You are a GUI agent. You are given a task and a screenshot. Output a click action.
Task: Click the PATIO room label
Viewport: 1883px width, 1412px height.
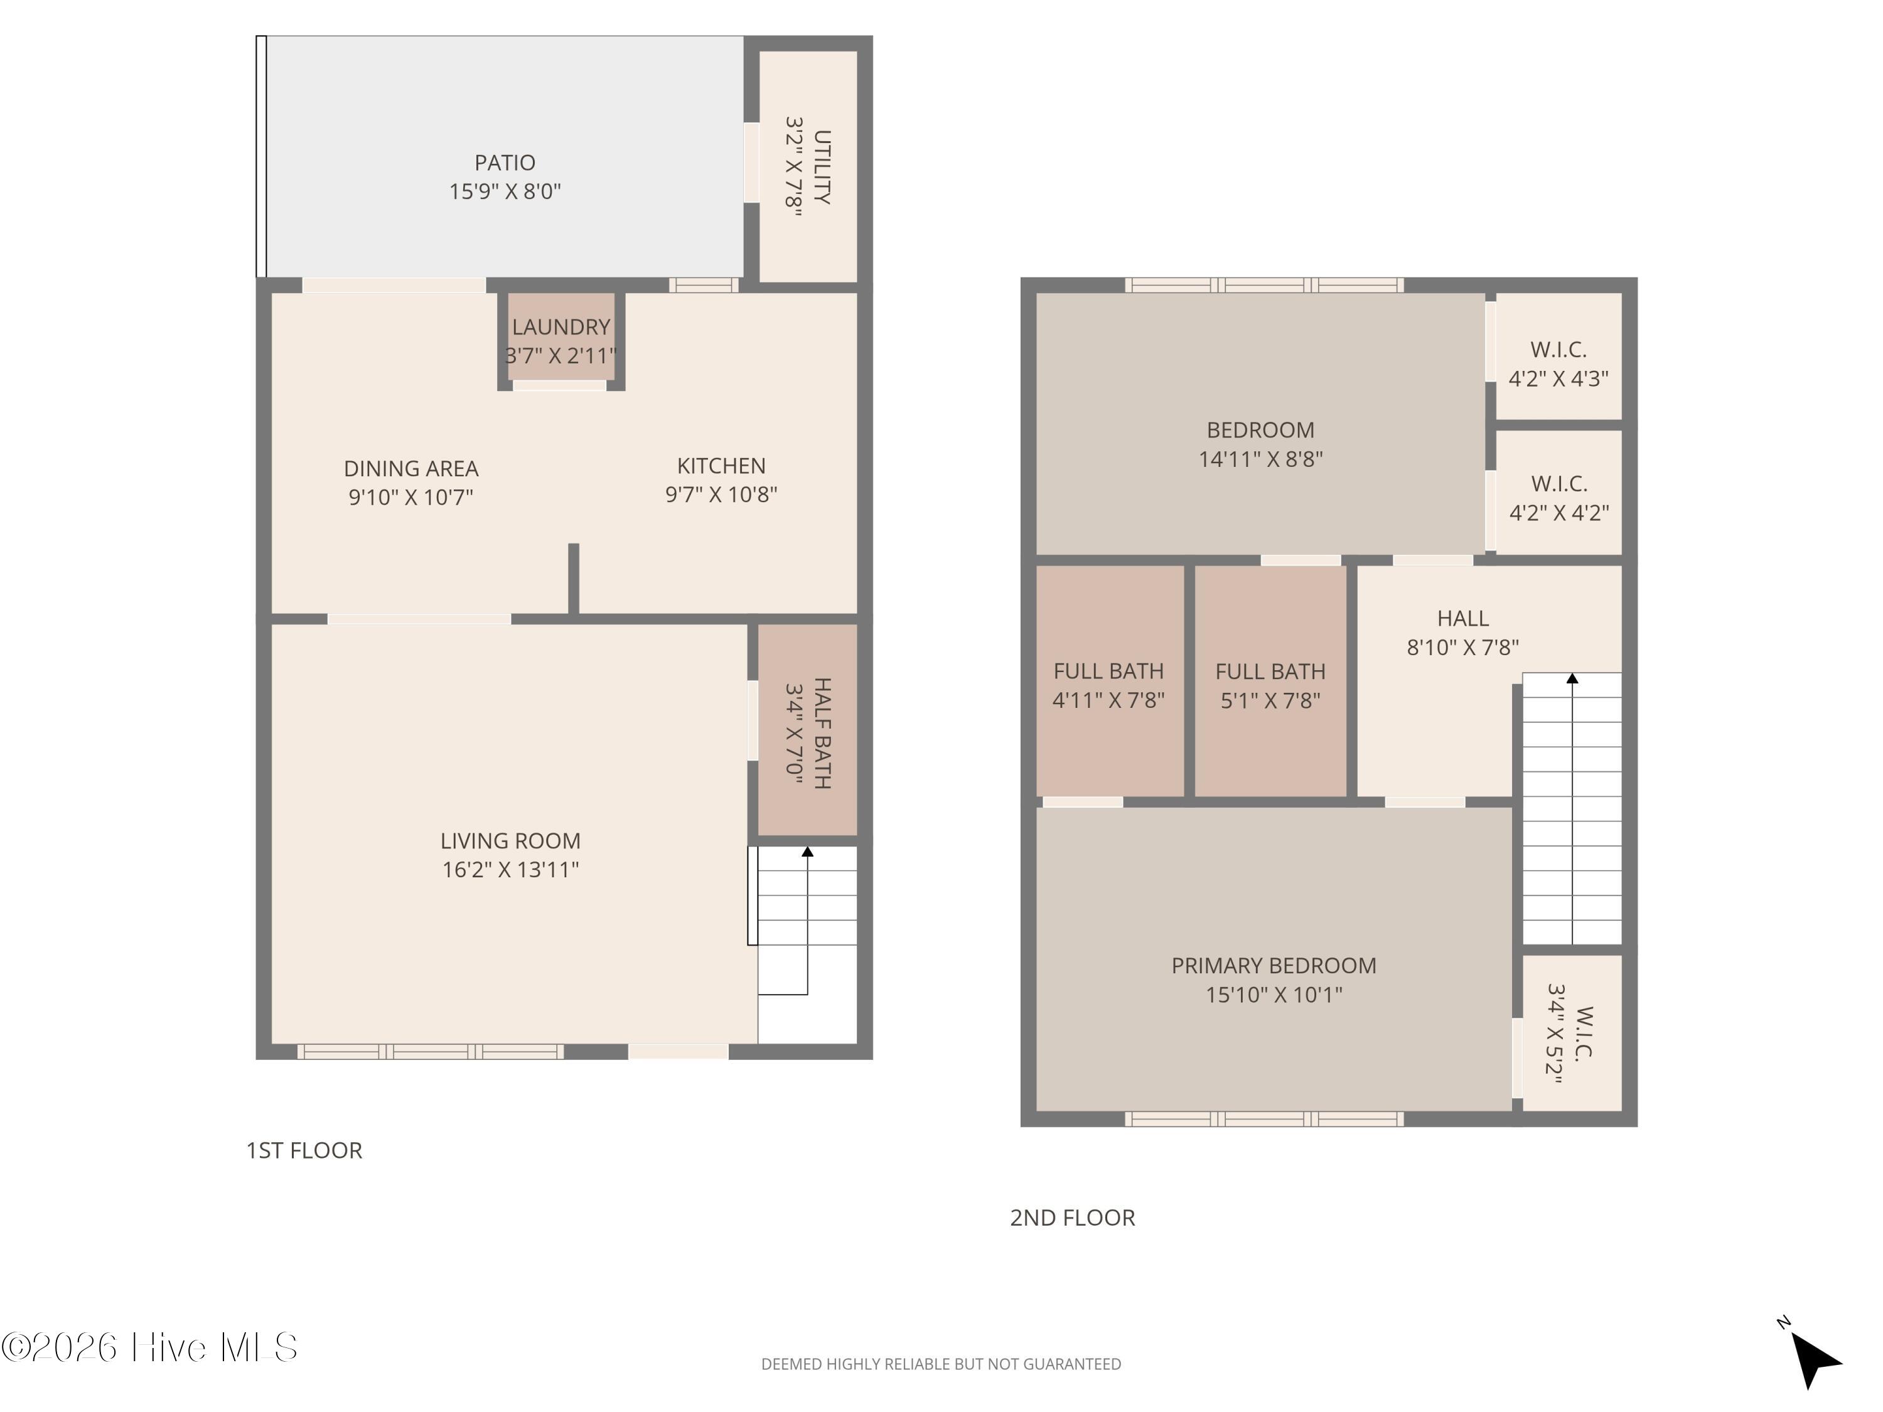click(505, 163)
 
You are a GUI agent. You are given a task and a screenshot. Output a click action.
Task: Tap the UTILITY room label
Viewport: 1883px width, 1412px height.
click(822, 167)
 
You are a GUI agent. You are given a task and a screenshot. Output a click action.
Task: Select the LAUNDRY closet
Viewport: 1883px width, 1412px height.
click(561, 337)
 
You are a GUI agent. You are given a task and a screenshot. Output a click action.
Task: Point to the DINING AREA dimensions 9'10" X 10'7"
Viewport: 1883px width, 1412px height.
click(410, 497)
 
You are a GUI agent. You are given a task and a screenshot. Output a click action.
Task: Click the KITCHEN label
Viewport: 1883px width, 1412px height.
click(721, 466)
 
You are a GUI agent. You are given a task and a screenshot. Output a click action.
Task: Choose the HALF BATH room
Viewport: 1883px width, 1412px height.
click(807, 729)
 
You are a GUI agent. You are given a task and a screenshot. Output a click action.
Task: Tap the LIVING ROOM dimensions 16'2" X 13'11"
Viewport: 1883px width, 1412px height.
click(511, 869)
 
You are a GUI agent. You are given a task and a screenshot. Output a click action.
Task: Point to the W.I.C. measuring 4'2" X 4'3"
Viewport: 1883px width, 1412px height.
click(1558, 356)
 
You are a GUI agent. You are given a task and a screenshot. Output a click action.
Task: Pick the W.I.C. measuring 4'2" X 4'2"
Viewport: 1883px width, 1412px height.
click(1558, 492)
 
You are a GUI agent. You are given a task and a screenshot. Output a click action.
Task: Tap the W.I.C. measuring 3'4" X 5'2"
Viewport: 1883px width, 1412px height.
click(1572, 1032)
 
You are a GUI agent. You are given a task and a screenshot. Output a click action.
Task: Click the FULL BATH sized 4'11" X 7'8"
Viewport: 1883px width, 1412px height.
click(1109, 681)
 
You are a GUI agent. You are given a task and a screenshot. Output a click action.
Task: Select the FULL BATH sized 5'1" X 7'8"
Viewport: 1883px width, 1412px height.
click(1270, 681)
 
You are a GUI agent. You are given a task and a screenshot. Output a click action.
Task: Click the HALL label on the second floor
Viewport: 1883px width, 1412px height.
click(1462, 619)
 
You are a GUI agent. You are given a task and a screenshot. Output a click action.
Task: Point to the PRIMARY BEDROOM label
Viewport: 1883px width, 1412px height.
click(1274, 965)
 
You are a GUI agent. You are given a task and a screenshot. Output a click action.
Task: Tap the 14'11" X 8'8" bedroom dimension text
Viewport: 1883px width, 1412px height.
click(1261, 459)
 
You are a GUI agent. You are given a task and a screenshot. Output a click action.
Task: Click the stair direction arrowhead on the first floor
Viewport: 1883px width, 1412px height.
click(808, 851)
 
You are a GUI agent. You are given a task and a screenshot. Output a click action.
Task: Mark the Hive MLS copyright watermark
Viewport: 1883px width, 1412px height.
click(150, 1347)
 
